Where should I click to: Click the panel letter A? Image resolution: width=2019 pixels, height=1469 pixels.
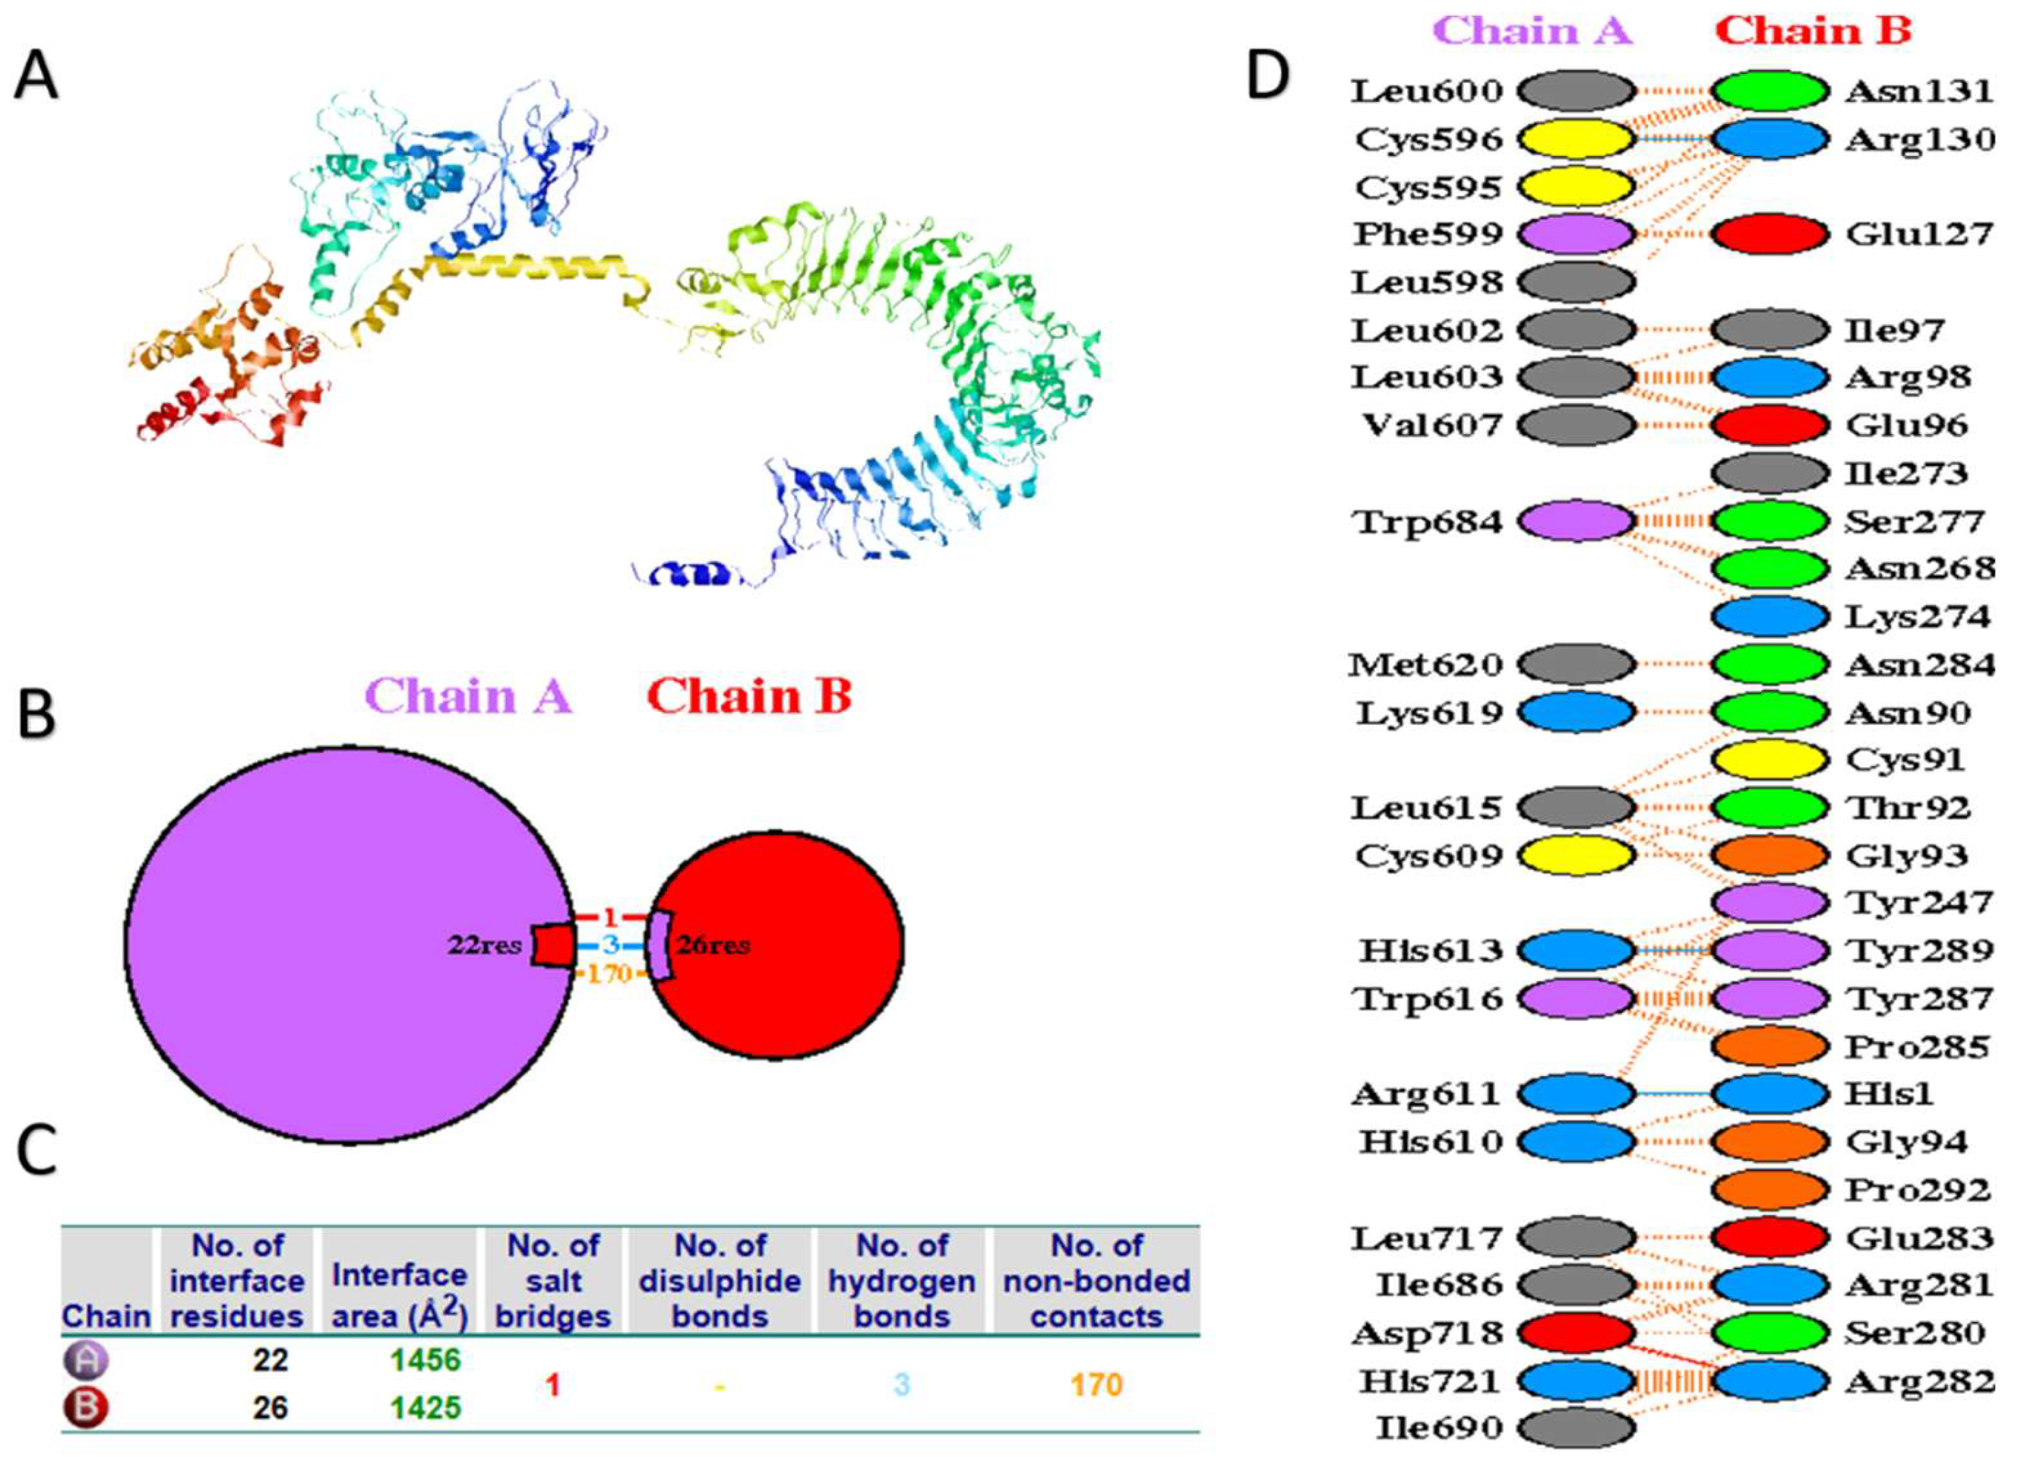(x=36, y=78)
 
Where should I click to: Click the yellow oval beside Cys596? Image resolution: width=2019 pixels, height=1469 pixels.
(x=1575, y=140)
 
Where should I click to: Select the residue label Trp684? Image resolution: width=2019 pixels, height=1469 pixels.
(x=1428, y=522)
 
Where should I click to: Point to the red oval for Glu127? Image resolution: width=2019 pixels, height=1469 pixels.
(x=1770, y=235)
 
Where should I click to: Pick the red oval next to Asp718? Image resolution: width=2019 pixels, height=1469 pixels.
(x=1575, y=1333)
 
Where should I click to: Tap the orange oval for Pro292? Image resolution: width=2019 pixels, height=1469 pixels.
(x=1770, y=1190)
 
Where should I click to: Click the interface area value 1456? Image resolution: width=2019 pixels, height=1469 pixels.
(x=426, y=1359)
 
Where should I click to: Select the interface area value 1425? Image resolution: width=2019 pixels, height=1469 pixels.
(x=426, y=1407)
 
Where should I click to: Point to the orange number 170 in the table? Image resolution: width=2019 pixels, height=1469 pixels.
(x=1096, y=1384)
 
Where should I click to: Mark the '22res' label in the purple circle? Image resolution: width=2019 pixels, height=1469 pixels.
(x=483, y=945)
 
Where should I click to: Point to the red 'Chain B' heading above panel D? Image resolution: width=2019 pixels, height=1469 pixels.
(x=1814, y=31)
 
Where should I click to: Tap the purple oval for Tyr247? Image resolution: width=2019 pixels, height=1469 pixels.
(x=1770, y=904)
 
